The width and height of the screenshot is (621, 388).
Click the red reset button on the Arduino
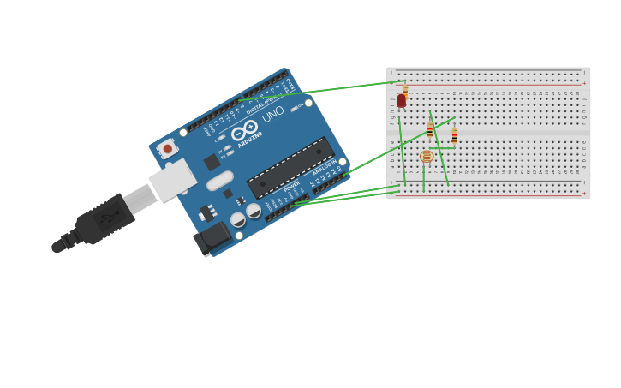[168, 149]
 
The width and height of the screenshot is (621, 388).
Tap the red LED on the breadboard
[401, 101]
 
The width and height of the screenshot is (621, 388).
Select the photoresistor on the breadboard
[427, 157]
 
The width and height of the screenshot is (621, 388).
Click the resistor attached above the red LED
[405, 88]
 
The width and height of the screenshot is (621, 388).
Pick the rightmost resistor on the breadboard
[454, 135]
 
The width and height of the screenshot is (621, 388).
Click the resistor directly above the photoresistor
[430, 130]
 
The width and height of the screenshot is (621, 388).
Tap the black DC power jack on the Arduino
[212, 238]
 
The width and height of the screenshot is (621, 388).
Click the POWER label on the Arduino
[292, 186]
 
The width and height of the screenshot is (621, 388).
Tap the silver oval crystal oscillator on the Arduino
[220, 181]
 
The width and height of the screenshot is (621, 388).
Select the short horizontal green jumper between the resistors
[442, 147]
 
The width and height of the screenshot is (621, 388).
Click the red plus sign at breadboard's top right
[584, 84]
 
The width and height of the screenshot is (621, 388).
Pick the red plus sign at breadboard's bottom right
[584, 194]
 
